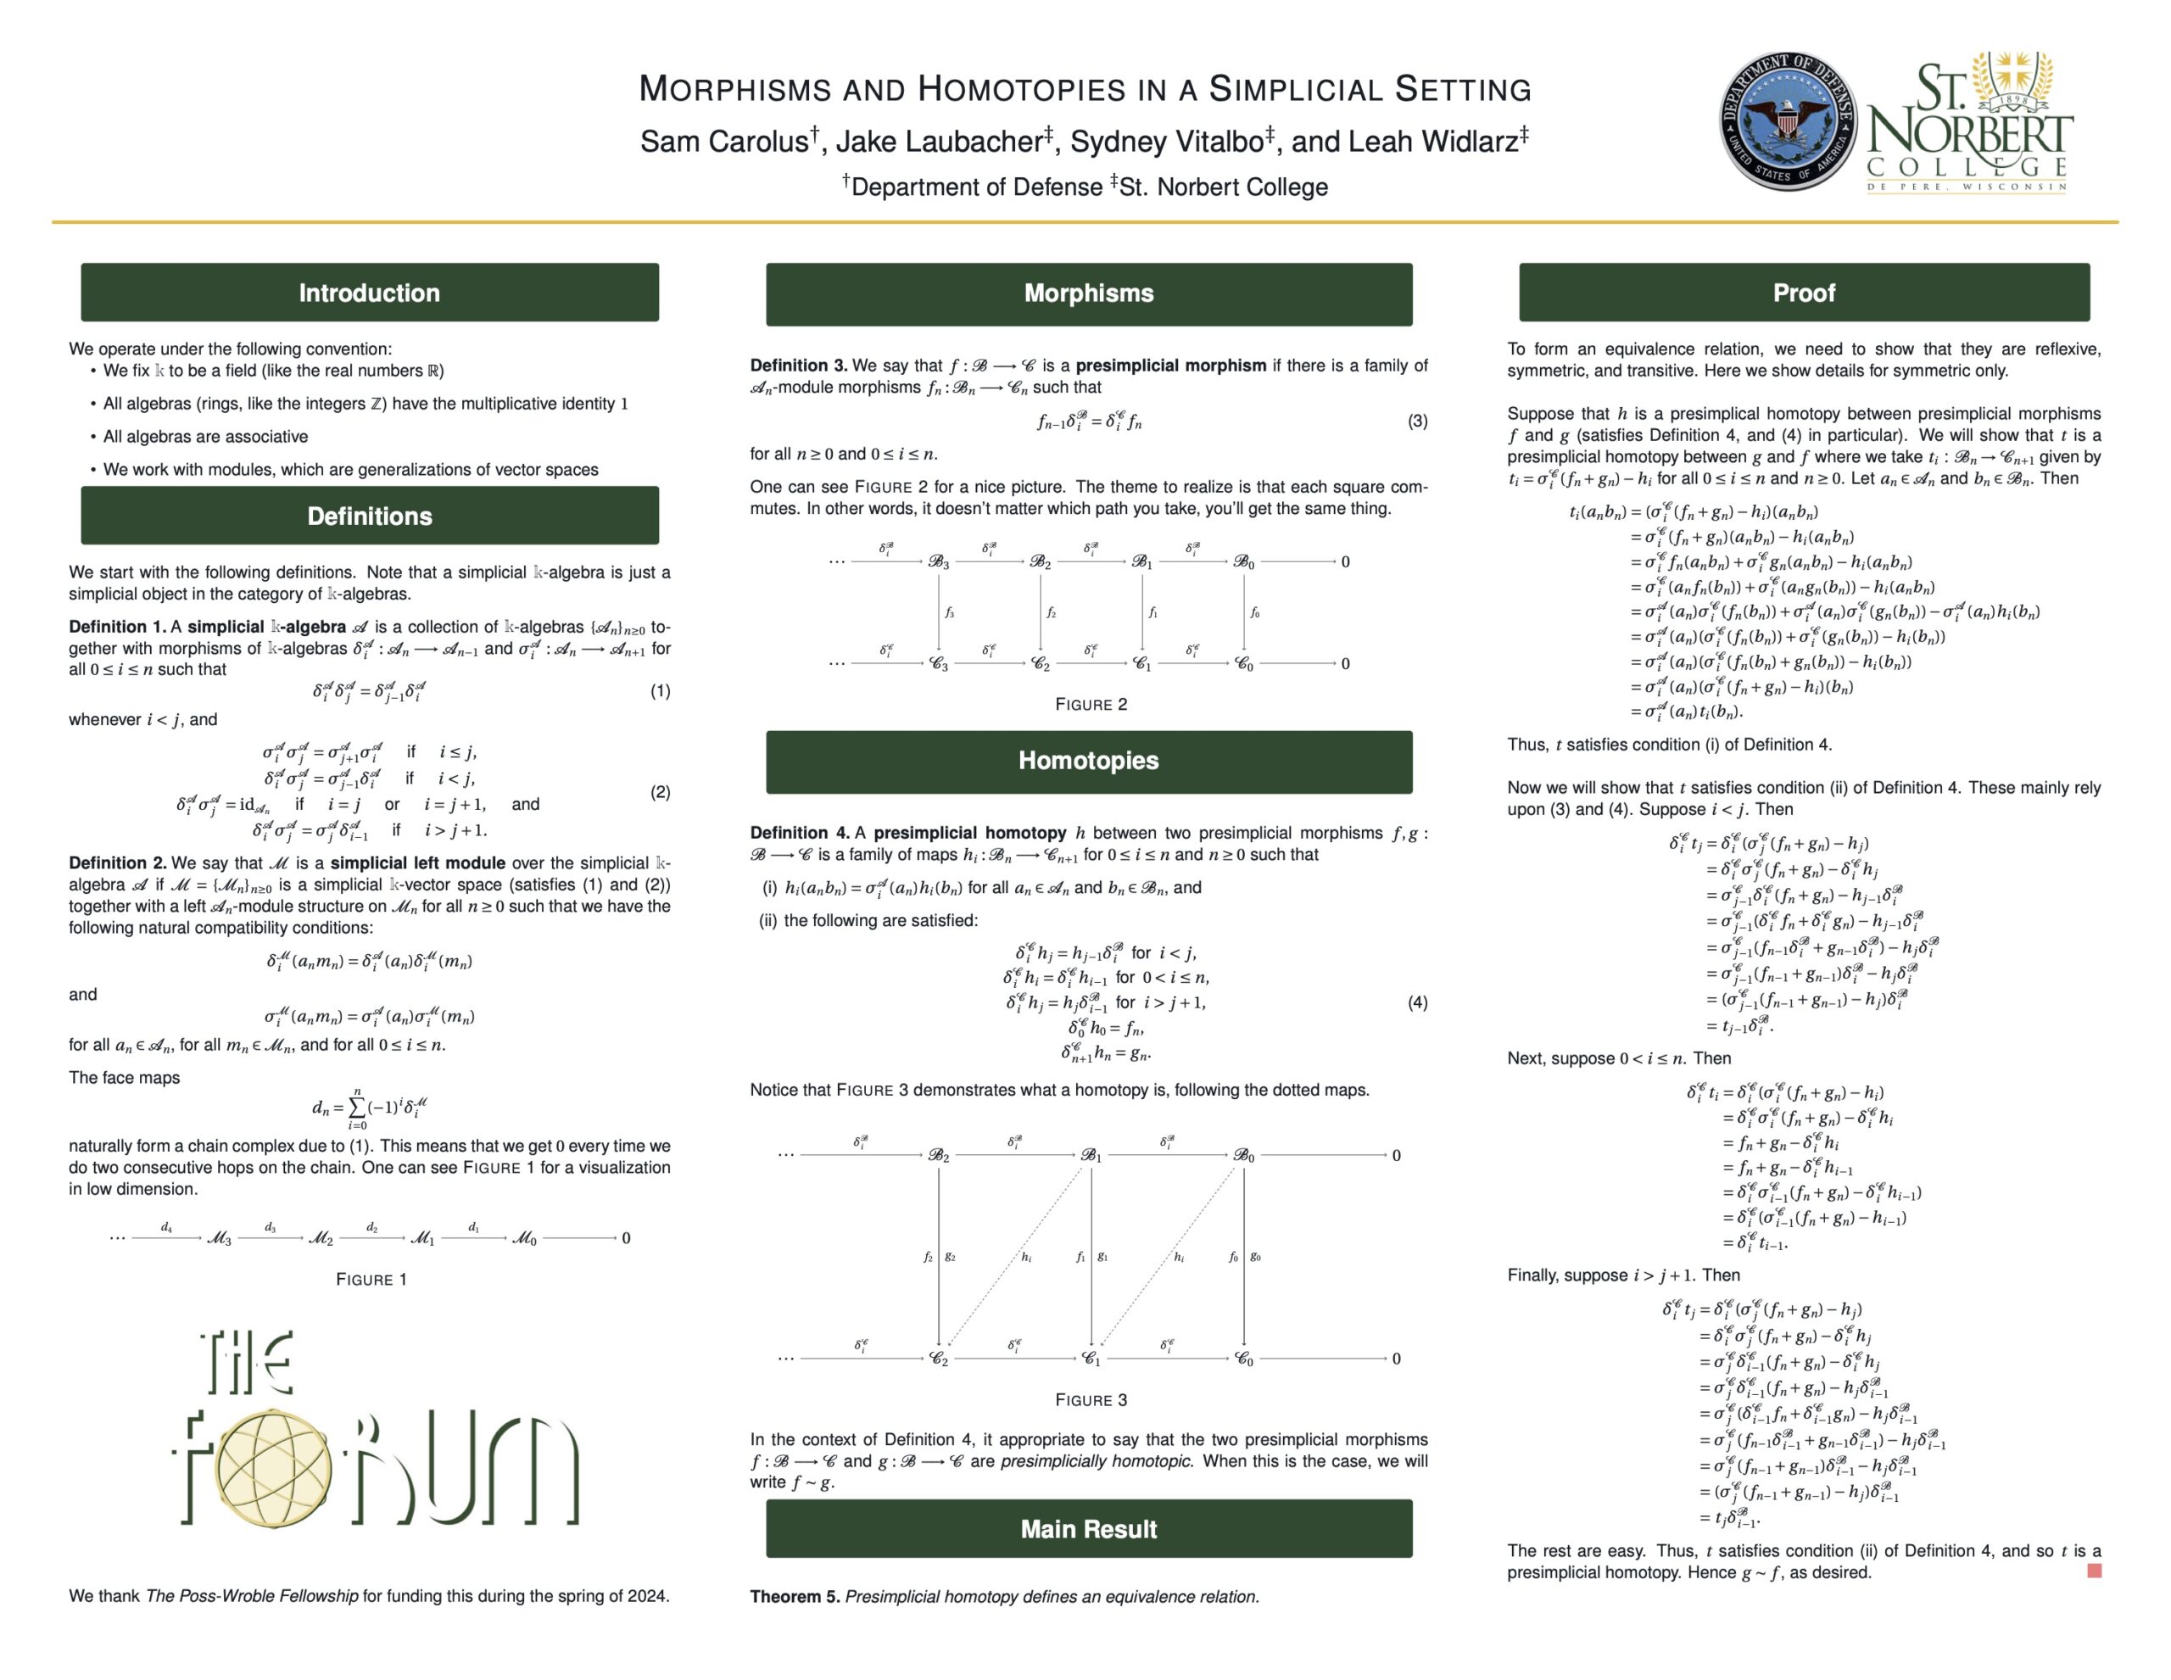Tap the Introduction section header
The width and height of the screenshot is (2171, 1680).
click(369, 293)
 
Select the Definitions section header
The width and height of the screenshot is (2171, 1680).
click(369, 516)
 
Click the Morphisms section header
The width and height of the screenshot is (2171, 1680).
click(1089, 293)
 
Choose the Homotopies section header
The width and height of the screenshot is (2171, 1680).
click(1089, 761)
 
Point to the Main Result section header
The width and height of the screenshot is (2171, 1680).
click(1089, 1529)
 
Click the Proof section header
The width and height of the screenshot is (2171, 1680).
click(1803, 293)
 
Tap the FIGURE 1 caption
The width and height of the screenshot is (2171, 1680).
click(371, 1280)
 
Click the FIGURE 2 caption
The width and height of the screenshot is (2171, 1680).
click(1091, 705)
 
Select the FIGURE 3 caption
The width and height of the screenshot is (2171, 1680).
click(1091, 1399)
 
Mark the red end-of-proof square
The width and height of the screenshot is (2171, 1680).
click(2095, 1571)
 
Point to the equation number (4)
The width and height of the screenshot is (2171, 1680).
click(1418, 1002)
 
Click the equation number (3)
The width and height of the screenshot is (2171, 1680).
click(1418, 421)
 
